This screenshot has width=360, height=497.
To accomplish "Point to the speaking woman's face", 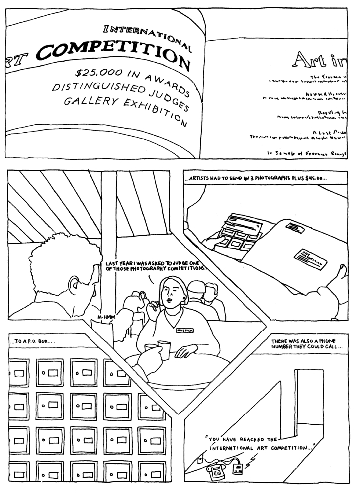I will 169,296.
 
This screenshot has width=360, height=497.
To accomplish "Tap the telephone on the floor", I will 217,472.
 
